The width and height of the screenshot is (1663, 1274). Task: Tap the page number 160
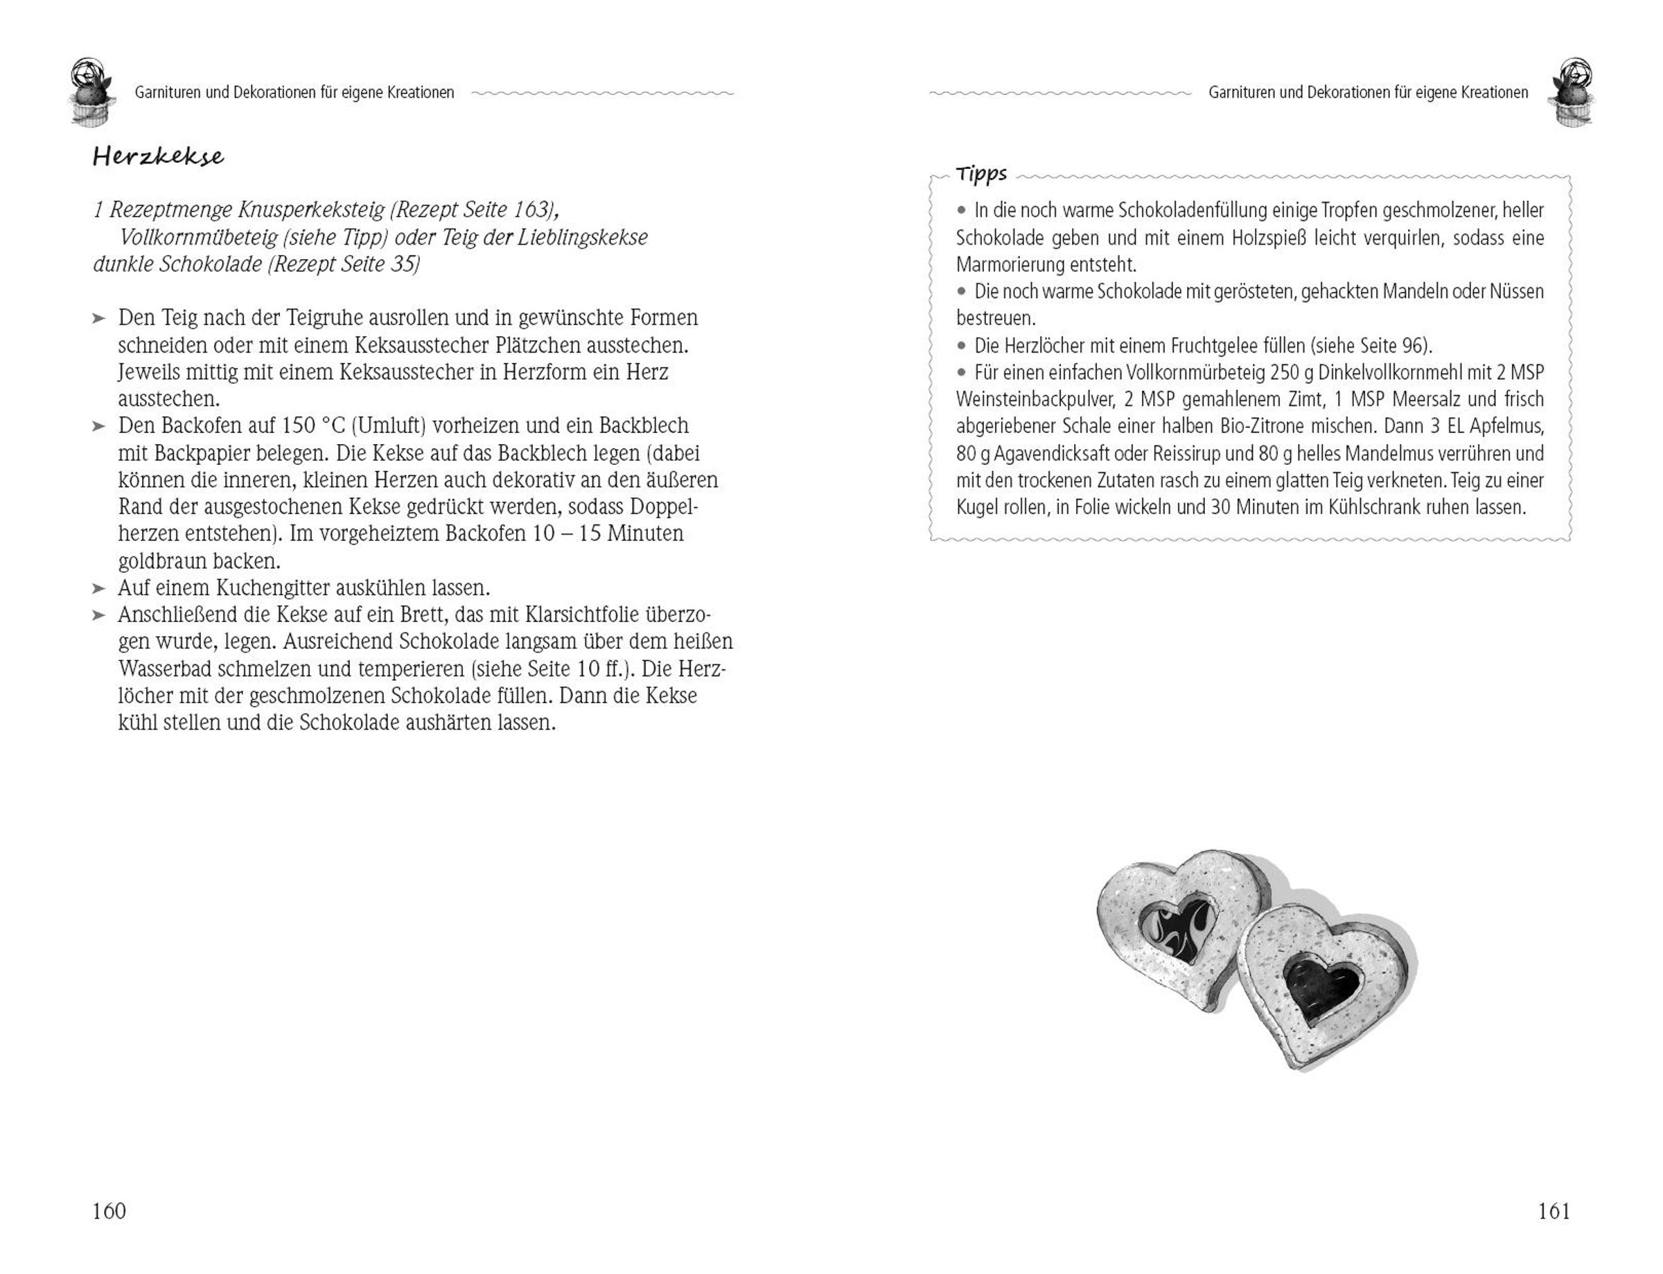(109, 1211)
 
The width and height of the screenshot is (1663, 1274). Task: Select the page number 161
(1553, 1211)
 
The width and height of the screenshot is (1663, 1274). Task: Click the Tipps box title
(981, 174)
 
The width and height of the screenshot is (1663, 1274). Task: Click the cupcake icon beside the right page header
(1572, 91)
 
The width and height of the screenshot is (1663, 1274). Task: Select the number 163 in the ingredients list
(525, 209)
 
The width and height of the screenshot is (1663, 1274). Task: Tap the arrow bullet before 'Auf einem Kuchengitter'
(98, 588)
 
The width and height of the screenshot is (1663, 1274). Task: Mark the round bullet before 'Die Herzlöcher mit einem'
(962, 346)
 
